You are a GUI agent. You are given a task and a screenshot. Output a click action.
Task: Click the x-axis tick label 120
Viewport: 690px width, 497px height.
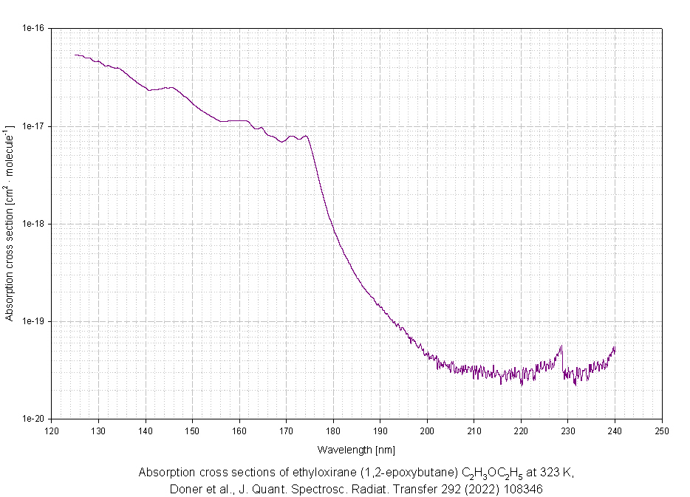point(51,431)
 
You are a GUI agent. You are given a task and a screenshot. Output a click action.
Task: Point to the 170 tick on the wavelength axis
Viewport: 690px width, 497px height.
point(286,431)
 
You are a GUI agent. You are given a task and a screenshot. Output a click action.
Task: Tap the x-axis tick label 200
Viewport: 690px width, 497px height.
point(427,431)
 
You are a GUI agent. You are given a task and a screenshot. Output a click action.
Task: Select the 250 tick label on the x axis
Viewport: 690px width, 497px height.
point(662,431)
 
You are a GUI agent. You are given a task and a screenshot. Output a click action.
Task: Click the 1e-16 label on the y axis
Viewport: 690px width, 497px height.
point(33,28)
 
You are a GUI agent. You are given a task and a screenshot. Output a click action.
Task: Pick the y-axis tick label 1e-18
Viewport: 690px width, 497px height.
point(33,224)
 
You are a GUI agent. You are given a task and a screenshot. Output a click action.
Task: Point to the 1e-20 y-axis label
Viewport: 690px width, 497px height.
point(33,419)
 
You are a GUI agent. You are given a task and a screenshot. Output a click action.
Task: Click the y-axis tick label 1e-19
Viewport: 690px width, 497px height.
point(33,321)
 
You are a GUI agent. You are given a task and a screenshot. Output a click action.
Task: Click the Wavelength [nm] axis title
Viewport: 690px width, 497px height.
point(357,449)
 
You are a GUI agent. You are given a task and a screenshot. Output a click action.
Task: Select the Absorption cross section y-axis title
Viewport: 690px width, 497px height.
point(10,224)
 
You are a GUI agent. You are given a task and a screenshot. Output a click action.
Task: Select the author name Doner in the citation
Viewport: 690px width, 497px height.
point(185,489)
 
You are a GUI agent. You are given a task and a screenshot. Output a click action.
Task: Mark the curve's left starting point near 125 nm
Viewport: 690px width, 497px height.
point(75,55)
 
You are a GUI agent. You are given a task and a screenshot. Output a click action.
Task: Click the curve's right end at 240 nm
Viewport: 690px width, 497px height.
point(615,348)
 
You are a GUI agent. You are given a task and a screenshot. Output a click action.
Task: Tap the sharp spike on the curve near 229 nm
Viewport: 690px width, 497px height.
point(562,346)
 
